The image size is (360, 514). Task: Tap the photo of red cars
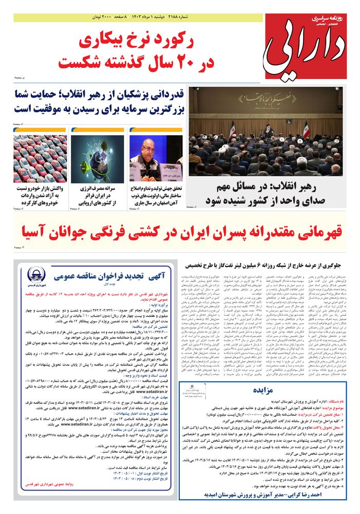40,158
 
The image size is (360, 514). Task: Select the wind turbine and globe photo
98,158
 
